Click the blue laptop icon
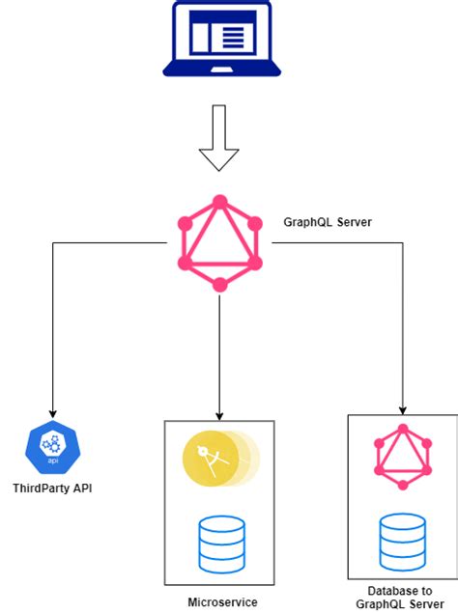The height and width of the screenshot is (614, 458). tap(221, 40)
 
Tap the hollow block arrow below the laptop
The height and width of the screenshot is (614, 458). tap(219, 138)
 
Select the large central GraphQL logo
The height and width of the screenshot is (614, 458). tap(219, 243)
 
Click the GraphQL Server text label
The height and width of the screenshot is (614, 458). tap(328, 222)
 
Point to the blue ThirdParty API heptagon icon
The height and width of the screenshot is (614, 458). tap(53, 447)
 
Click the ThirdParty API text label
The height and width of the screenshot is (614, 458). tap(52, 488)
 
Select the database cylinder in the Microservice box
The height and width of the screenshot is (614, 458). tap(222, 544)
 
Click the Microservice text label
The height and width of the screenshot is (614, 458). tap(222, 601)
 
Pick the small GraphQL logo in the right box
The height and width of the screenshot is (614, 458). tap(403, 457)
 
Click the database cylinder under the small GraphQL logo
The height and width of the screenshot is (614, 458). tap(403, 543)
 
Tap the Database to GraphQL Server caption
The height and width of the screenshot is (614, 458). tap(400, 598)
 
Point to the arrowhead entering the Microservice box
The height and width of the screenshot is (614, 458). tap(219, 416)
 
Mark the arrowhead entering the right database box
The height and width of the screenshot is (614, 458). tap(403, 410)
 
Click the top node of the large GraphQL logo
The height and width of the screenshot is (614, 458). tap(220, 203)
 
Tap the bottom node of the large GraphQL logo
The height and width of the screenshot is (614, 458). tap(219, 285)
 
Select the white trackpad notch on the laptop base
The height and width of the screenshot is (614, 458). tap(221, 70)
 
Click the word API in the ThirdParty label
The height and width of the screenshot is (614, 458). tap(82, 488)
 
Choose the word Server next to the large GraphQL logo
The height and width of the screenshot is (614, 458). tap(355, 222)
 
